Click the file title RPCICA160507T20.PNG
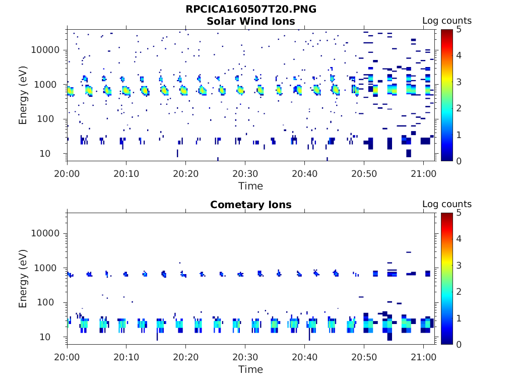[x=251, y=9]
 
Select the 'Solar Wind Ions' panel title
[x=251, y=21]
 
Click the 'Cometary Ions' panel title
[x=251, y=205]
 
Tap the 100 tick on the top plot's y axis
[x=51, y=119]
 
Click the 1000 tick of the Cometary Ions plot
[x=49, y=268]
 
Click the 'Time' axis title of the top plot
[x=251, y=186]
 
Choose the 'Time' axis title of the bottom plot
[x=251, y=369]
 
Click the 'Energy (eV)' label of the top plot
[x=23, y=95]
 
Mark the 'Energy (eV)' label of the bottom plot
[x=23, y=278]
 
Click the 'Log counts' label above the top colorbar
[x=447, y=21]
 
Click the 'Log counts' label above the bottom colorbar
[x=447, y=204]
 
